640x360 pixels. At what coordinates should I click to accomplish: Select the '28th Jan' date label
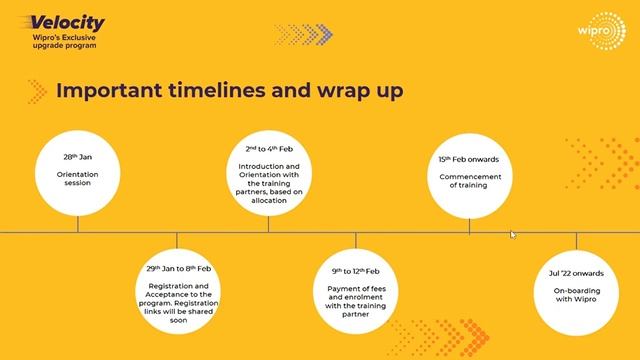pyautogui.click(x=77, y=157)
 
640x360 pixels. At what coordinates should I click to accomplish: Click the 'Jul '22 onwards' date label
pyautogui.click(x=576, y=272)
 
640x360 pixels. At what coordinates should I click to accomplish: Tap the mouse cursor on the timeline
pyautogui.click(x=514, y=235)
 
